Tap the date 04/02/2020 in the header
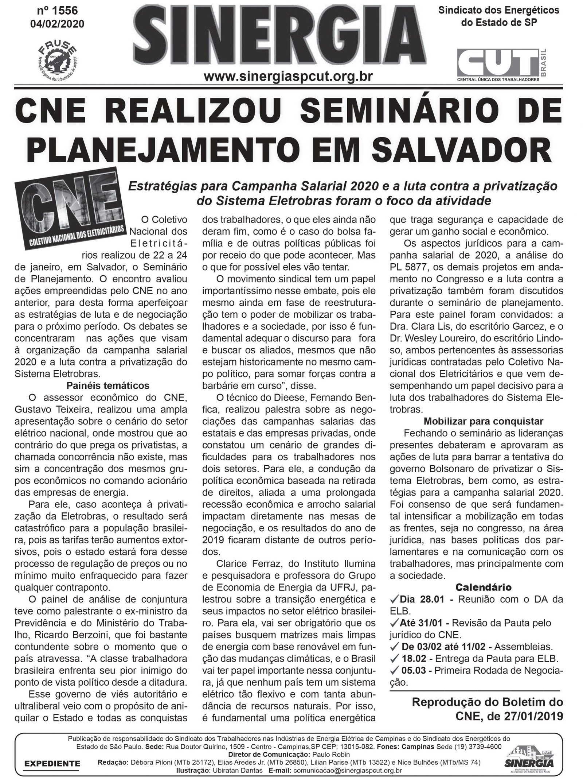point(58,23)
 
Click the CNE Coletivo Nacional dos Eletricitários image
point(69,210)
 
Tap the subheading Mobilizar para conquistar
point(483,421)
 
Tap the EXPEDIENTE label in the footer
point(52,762)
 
